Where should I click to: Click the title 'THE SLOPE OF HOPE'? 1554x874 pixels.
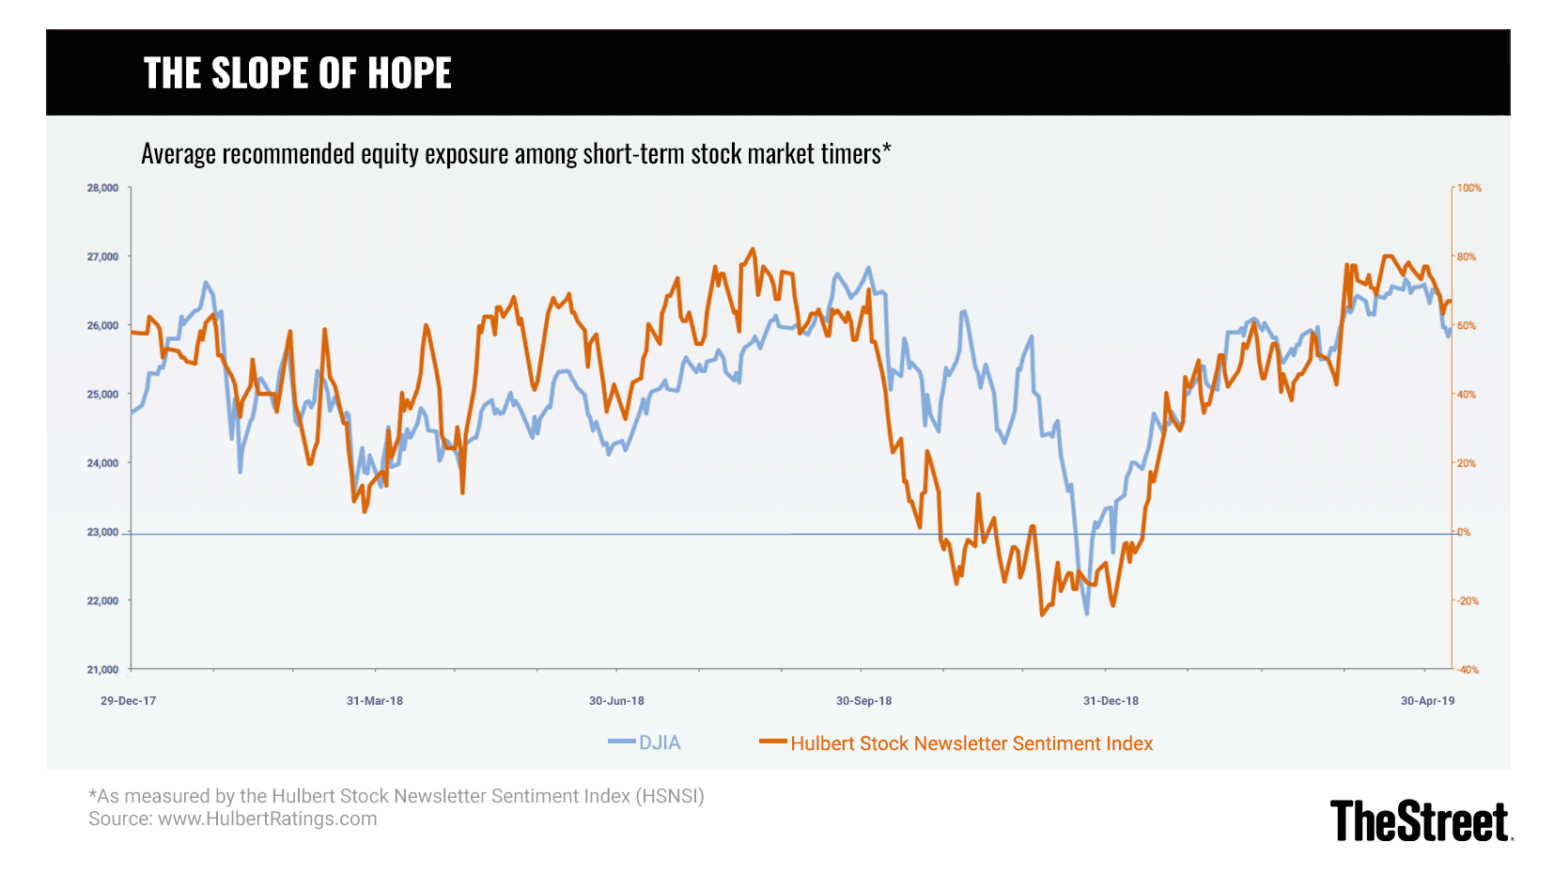point(297,73)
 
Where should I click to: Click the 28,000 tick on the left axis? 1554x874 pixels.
point(102,188)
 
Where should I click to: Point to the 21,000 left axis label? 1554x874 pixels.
point(102,670)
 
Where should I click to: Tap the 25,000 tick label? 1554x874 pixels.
point(102,395)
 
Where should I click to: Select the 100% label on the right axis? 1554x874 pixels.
point(1469,188)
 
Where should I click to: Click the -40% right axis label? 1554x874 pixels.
point(1468,670)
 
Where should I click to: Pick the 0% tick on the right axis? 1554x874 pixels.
point(1464,532)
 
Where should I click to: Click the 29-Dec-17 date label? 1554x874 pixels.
point(128,701)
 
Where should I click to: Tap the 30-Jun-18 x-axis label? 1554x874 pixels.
point(616,701)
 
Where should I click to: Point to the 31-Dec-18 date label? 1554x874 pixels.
point(1111,701)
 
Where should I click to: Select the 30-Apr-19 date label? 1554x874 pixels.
point(1427,701)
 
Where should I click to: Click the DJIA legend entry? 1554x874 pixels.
point(659,742)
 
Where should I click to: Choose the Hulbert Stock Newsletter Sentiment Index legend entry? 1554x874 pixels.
point(971,743)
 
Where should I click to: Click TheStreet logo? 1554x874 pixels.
point(1420,821)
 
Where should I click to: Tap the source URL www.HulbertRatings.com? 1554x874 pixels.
point(267,819)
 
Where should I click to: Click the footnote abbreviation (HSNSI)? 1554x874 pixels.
point(670,796)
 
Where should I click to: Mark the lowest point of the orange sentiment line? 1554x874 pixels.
point(1041,615)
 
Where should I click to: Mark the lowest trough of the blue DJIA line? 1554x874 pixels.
point(1087,614)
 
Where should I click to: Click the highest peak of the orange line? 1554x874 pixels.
point(753,249)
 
